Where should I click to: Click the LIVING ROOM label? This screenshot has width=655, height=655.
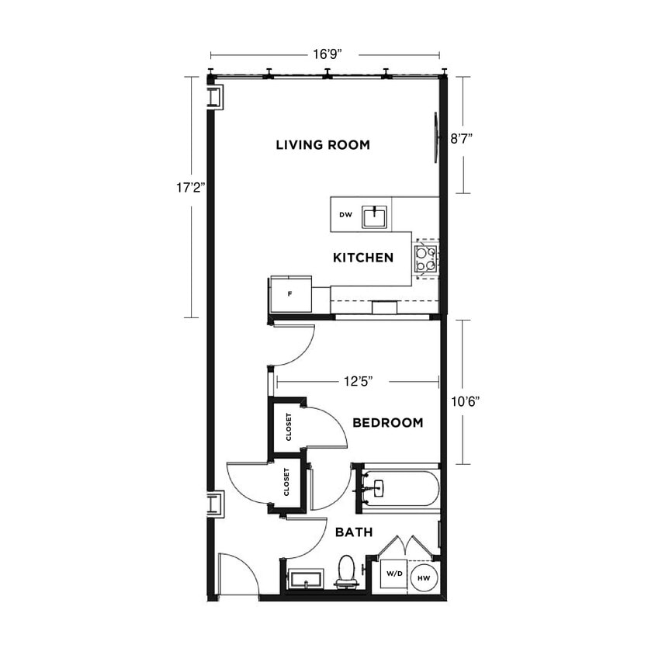click(x=323, y=145)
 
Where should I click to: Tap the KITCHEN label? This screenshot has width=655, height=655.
click(x=363, y=258)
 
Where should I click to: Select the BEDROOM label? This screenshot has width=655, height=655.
click(x=387, y=423)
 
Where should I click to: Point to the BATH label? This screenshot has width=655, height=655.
click(x=354, y=533)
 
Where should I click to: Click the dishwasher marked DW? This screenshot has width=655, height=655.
click(x=345, y=215)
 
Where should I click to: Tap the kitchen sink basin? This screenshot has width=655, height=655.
click(x=375, y=216)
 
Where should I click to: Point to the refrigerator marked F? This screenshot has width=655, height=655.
click(x=289, y=295)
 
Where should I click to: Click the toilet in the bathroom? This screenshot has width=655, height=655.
click(x=346, y=570)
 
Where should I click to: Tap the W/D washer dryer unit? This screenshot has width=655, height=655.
click(x=394, y=575)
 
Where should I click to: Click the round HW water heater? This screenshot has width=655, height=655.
click(x=424, y=577)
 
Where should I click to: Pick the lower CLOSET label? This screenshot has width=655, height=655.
click(x=287, y=482)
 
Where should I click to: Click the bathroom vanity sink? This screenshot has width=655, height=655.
click(x=306, y=580)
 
